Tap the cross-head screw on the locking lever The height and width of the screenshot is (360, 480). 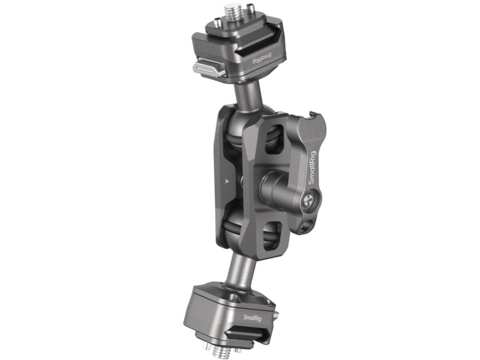coord(308,201)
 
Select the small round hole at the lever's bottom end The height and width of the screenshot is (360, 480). coord(305,226)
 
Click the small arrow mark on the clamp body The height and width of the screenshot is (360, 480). coord(226,181)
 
